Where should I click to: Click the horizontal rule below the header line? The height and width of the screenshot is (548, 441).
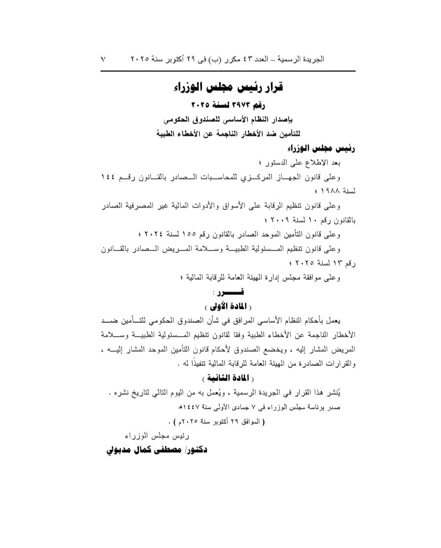[228, 71]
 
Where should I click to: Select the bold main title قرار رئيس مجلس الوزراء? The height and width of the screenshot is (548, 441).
[229, 87]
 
